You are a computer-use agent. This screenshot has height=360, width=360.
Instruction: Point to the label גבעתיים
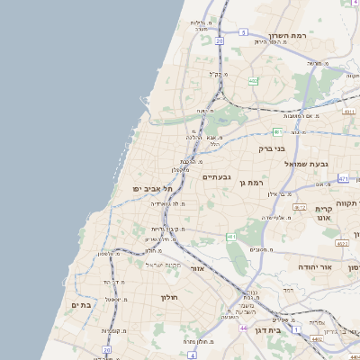pos(217,177)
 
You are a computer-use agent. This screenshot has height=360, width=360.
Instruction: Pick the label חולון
pos(170,297)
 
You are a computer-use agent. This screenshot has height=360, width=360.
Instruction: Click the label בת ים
pos(82,305)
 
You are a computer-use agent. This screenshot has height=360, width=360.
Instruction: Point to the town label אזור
pos(199,268)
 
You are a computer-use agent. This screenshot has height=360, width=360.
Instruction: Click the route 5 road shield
pos(243,31)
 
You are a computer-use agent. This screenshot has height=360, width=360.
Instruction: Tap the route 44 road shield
pos(244,328)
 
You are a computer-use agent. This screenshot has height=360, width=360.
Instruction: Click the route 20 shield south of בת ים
pos(106,349)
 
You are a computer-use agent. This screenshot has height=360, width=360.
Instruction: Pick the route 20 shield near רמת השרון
pos(219,41)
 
